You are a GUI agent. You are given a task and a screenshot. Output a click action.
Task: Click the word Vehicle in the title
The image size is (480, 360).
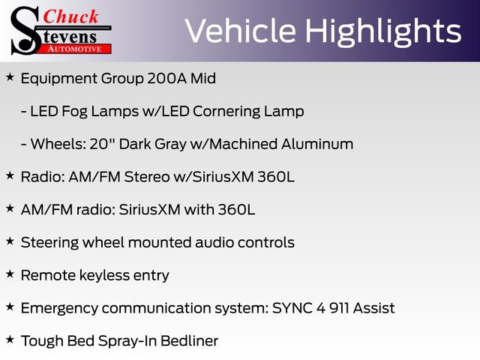coord(231,31)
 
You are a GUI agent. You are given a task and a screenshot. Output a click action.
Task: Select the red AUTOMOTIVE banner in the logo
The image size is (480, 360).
coord(75,48)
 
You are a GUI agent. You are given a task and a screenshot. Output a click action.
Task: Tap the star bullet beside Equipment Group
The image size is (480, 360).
coord(10,77)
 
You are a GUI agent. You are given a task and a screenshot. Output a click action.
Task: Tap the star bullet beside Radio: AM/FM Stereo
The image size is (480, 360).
coord(10,175)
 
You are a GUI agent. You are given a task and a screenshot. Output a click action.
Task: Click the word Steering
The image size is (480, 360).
coord(49,242)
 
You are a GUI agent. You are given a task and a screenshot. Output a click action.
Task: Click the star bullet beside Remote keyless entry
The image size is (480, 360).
coord(10,274)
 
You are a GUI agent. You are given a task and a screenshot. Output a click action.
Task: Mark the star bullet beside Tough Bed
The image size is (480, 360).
coord(10,340)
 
